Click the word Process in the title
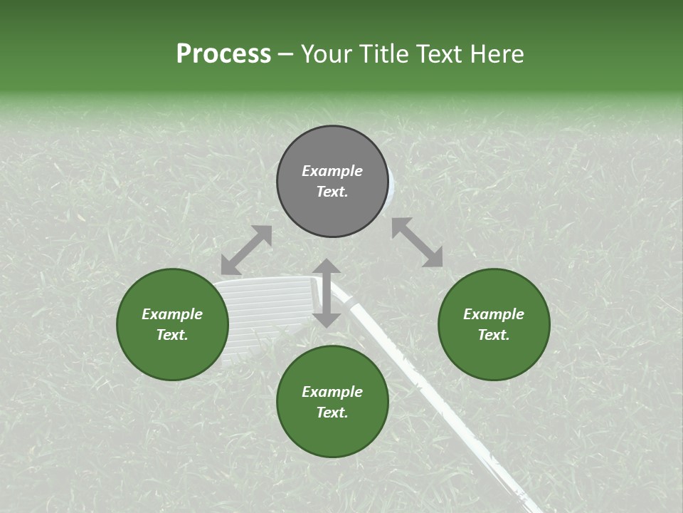tap(223, 54)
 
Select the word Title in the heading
tap(383, 54)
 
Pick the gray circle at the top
tap(332, 182)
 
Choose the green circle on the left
tap(172, 324)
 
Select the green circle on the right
tap(493, 324)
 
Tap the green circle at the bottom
tap(332, 401)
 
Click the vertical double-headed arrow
tap(327, 293)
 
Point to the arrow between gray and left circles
tap(246, 250)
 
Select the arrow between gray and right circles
tap(417, 242)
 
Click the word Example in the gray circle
tap(332, 171)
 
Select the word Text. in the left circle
tap(172, 335)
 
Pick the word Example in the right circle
tap(493, 314)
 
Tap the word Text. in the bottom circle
tap(332, 413)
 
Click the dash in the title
tap(285, 55)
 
